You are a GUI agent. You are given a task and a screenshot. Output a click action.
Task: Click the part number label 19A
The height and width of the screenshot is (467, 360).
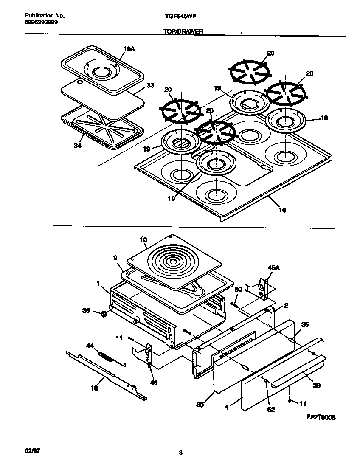point(129,49)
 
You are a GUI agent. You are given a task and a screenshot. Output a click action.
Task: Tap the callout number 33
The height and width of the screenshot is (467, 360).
point(150,85)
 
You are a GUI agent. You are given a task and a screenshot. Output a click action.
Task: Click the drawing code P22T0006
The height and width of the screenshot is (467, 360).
point(321,417)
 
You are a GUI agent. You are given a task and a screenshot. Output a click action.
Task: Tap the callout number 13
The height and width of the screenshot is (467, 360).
point(94,388)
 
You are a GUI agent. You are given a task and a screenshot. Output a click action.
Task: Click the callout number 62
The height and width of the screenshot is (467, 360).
point(271,409)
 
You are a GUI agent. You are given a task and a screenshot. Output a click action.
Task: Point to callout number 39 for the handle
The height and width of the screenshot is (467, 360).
point(316,385)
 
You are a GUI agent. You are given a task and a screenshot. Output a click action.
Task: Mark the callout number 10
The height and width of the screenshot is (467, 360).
point(143,240)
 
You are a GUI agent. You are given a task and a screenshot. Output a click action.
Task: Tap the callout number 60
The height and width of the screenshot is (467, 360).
point(238,289)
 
